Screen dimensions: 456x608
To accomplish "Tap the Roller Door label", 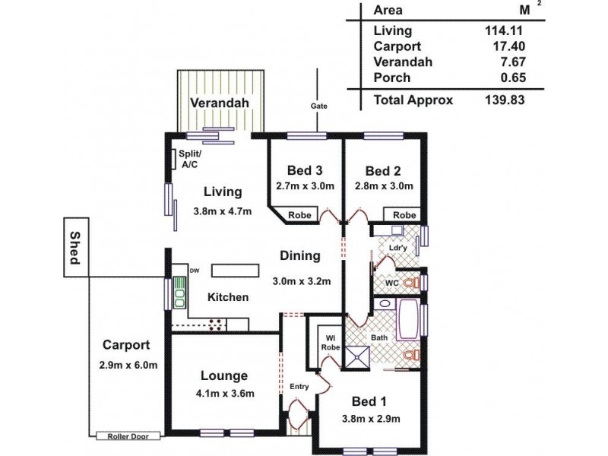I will (x=128, y=436).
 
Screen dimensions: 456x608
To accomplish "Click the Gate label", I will (x=318, y=106).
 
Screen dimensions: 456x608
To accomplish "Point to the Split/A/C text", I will (x=190, y=158).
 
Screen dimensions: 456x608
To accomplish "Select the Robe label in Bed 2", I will (x=404, y=215).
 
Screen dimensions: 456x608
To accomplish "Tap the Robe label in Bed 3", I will (x=299, y=215).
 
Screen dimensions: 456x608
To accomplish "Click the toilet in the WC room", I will (x=410, y=283).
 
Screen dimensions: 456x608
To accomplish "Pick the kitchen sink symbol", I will (x=179, y=292).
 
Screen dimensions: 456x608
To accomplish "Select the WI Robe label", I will (x=331, y=343).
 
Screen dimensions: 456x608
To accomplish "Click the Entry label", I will (x=299, y=387).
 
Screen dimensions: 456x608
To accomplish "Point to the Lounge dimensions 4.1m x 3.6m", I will (x=224, y=393).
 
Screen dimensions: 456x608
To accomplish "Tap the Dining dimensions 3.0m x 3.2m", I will (x=302, y=280).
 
